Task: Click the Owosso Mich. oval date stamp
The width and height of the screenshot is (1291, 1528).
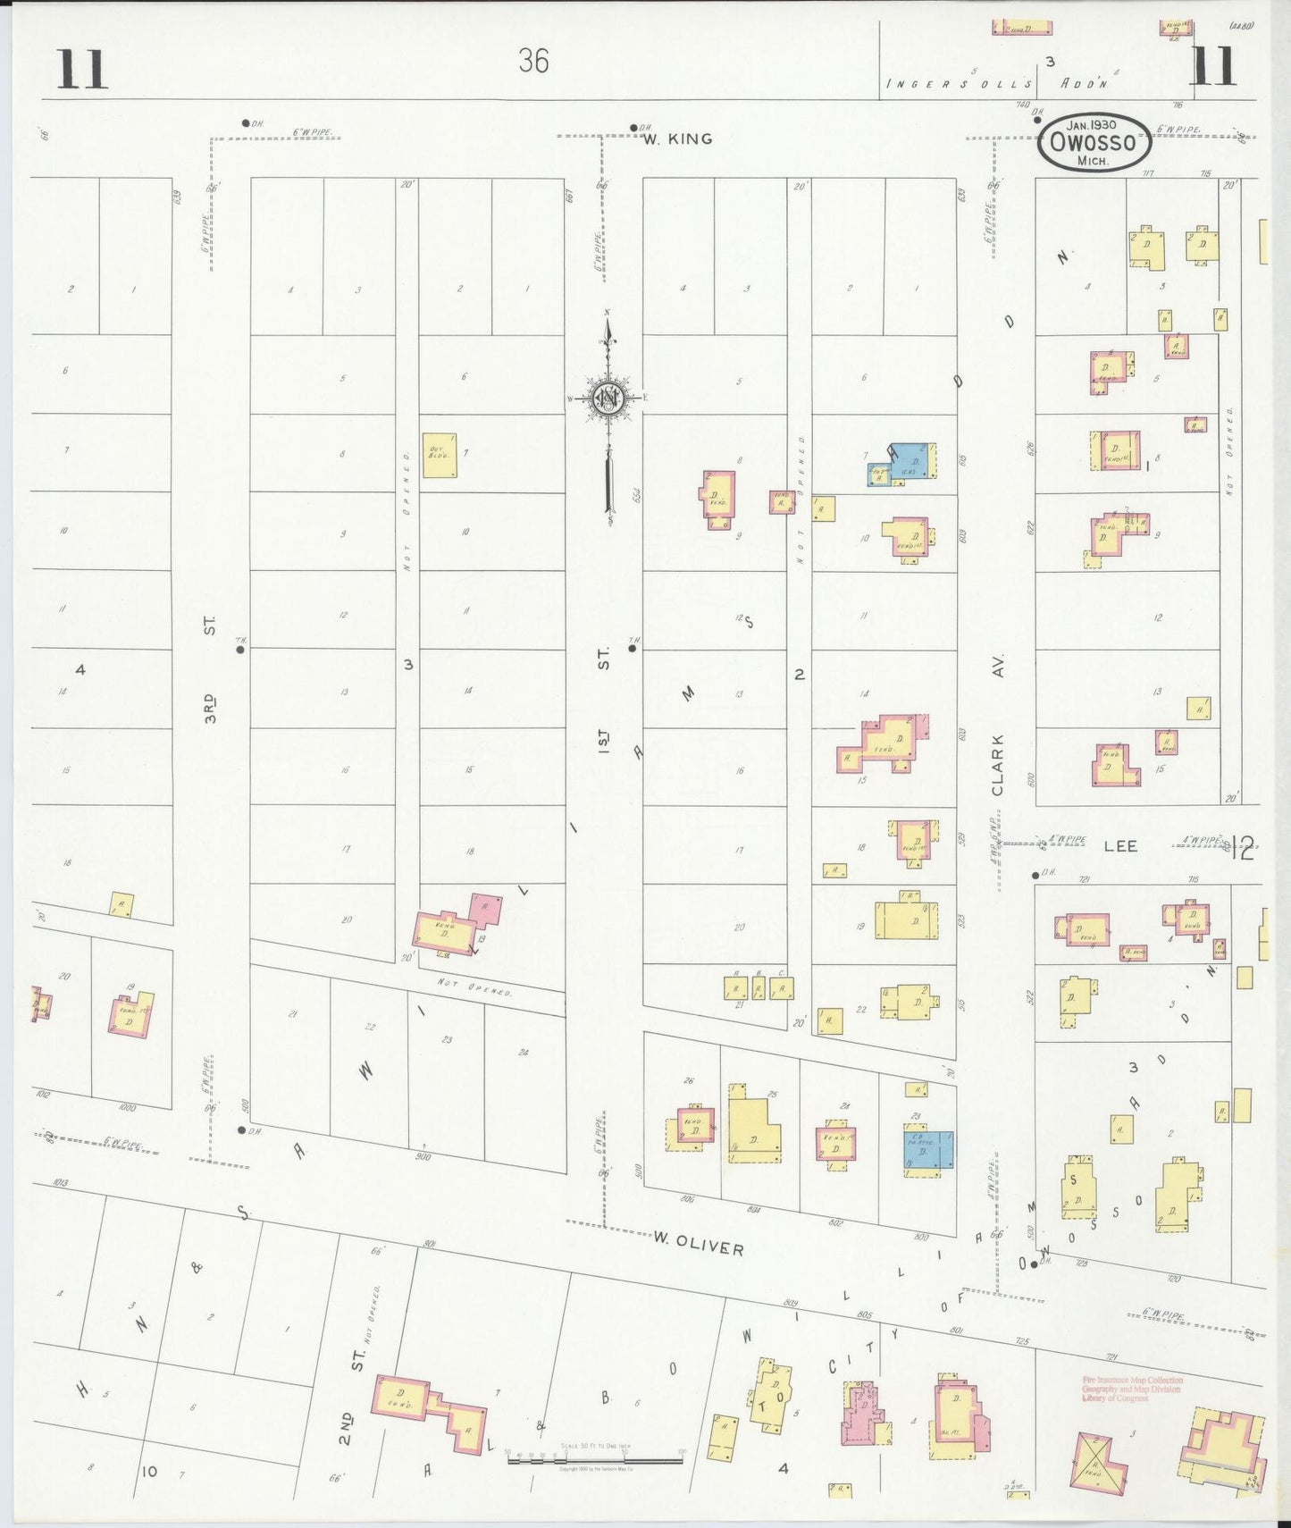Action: tap(1094, 142)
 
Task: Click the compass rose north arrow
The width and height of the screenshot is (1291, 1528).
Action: tap(608, 399)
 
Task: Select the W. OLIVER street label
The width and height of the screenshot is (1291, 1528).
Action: tap(698, 1243)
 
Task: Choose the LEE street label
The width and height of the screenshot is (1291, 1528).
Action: tap(1120, 845)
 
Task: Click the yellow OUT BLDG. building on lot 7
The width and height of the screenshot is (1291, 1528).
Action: tap(440, 455)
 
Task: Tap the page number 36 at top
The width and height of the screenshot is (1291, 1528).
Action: tap(532, 61)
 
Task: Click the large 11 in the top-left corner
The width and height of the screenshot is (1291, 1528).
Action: tap(82, 70)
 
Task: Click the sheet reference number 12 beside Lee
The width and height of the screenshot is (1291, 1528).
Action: tap(1243, 847)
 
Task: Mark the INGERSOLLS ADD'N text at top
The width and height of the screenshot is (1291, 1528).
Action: tap(995, 84)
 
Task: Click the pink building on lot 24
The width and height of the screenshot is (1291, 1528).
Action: tap(836, 1143)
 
